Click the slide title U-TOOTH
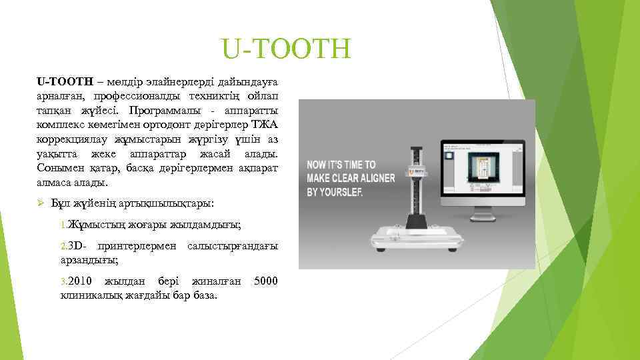coord(286,49)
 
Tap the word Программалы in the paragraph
coord(163,110)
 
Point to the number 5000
coord(266,281)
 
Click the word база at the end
coord(205,295)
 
